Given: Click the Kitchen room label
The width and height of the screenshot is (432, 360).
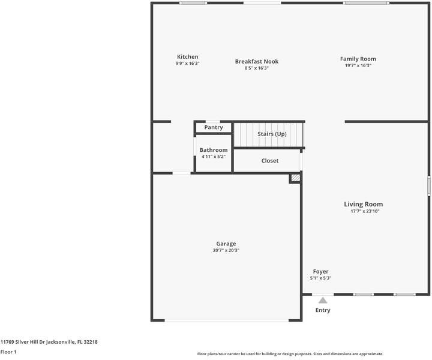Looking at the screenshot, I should coord(187,57).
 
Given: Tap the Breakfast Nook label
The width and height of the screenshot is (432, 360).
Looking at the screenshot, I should coord(256,61).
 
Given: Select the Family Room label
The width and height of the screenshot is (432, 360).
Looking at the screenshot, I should coord(358,59).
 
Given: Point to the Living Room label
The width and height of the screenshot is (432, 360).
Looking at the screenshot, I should coord(363,204).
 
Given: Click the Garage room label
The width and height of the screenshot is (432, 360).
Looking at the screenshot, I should coord(226,244).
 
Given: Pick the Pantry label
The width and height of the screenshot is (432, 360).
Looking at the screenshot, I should coord(214,127).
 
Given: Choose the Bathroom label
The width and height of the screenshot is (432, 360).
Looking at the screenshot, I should coord(214,150).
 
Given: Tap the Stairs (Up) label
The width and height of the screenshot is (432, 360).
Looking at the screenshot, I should coord(272,134).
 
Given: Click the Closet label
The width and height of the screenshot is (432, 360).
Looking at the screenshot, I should coord(270,161).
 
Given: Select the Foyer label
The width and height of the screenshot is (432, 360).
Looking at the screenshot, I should coord(320,272).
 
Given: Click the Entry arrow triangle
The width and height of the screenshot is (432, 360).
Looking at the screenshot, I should coord(323,300).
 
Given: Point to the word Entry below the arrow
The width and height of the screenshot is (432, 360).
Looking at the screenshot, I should coord(323,310).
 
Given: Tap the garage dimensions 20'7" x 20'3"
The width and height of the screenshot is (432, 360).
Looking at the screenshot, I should coord(226,250).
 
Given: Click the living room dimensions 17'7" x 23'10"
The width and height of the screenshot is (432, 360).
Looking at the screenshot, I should coord(365,211).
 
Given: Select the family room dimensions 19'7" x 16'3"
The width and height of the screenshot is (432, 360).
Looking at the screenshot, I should coord(358,65).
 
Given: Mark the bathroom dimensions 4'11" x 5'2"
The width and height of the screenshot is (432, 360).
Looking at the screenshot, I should coord(214,157).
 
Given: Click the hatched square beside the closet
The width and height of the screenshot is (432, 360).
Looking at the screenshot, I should coord(295,178).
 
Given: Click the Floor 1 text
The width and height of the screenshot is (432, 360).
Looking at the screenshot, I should coord(8,352).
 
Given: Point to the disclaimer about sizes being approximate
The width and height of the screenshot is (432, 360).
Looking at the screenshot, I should coord(290,354).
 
